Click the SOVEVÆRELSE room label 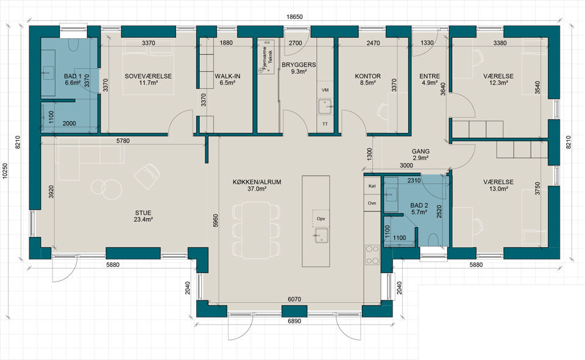tap(148, 76)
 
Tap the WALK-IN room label tap(227, 76)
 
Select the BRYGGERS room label tap(299, 65)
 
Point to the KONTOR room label tap(368, 76)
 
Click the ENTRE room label tap(430, 76)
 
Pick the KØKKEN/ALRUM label tap(257, 182)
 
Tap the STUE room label tap(143, 213)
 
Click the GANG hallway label tap(421, 152)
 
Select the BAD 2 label tap(419, 205)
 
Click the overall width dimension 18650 tap(294, 17)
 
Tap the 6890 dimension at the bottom tap(294, 321)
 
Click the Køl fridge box tap(372, 186)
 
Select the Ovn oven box tap(372, 203)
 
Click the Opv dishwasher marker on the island tap(321, 218)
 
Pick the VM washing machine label tap(325, 90)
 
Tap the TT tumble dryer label tap(325, 124)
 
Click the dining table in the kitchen tap(256, 230)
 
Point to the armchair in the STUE tap(147, 176)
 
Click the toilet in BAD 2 tap(433, 240)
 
